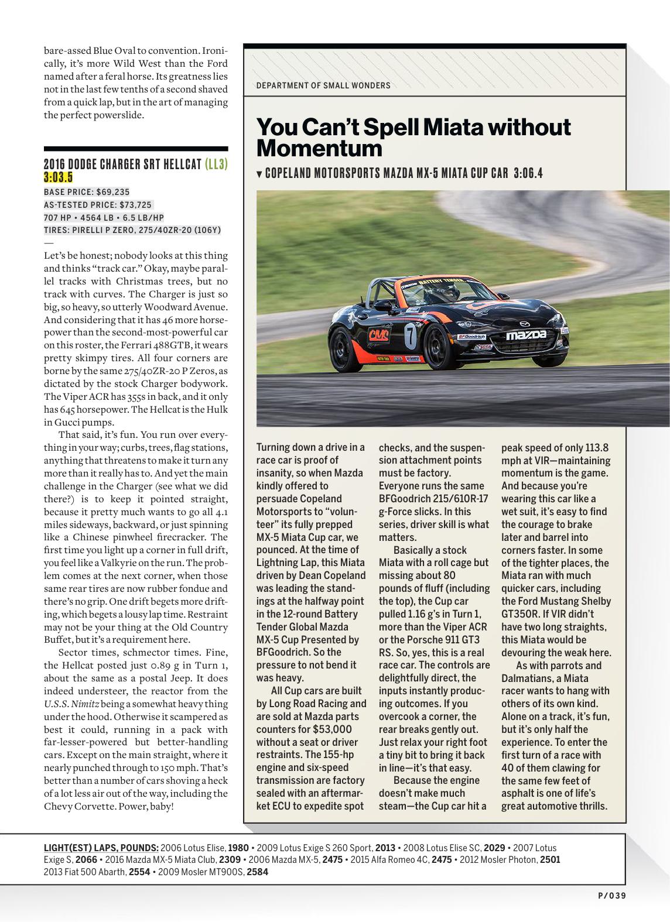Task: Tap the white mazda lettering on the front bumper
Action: click(527, 335)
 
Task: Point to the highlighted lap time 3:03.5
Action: click(58, 177)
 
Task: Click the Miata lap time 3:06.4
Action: click(528, 173)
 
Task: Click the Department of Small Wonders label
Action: click(323, 85)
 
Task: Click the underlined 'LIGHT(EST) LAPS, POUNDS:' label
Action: click(101, 848)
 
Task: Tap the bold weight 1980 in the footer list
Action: click(238, 848)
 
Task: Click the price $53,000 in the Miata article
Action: click(332, 729)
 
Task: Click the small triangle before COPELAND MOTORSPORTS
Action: click(259, 174)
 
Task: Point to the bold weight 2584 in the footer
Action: click(257, 872)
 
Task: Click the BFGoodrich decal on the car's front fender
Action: click(471, 337)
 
